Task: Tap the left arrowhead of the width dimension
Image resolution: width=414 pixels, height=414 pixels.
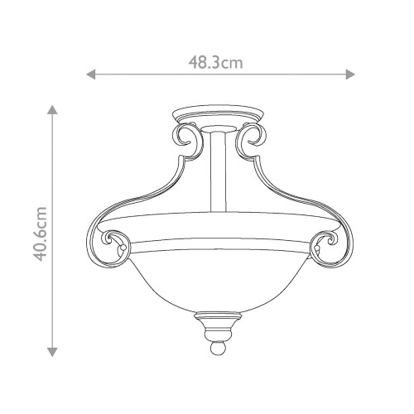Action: (x=91, y=75)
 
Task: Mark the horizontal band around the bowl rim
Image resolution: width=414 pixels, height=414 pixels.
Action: (x=219, y=245)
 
